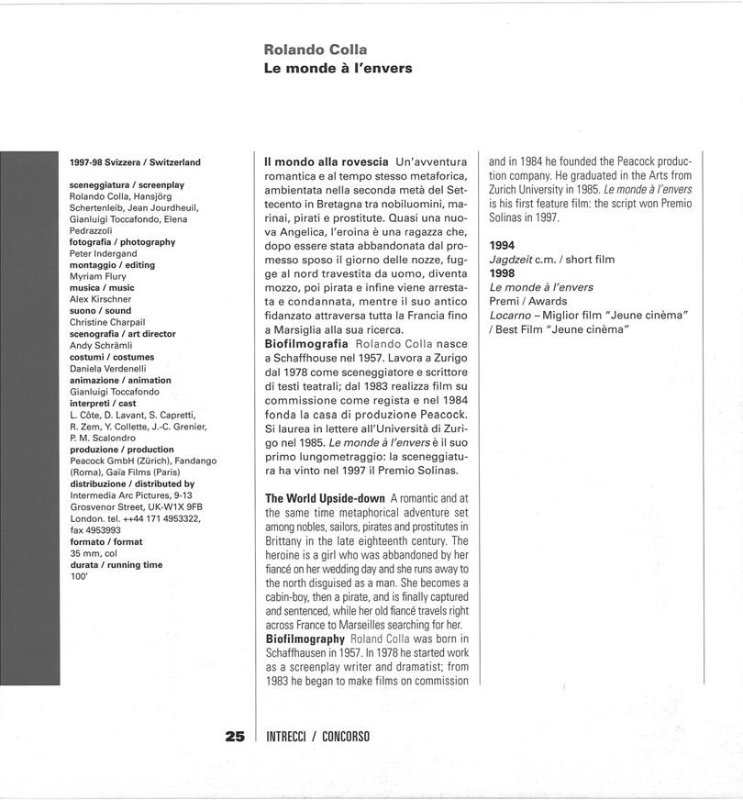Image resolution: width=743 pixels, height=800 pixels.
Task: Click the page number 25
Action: [235, 736]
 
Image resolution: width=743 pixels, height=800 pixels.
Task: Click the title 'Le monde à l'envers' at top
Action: [338, 68]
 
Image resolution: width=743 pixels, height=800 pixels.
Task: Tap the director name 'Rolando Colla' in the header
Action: [316, 49]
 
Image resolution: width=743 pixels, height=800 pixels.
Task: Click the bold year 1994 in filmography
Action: [502, 246]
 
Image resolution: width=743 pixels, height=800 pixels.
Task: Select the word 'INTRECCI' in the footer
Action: [283, 737]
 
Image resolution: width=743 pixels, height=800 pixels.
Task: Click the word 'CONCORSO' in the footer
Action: [346, 737]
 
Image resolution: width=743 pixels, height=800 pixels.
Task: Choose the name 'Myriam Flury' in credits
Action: [99, 276]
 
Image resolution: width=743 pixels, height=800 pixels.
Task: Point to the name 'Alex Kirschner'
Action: [101, 299]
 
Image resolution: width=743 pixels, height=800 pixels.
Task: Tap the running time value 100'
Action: [79, 576]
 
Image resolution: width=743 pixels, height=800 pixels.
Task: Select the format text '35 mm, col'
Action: [94, 553]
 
